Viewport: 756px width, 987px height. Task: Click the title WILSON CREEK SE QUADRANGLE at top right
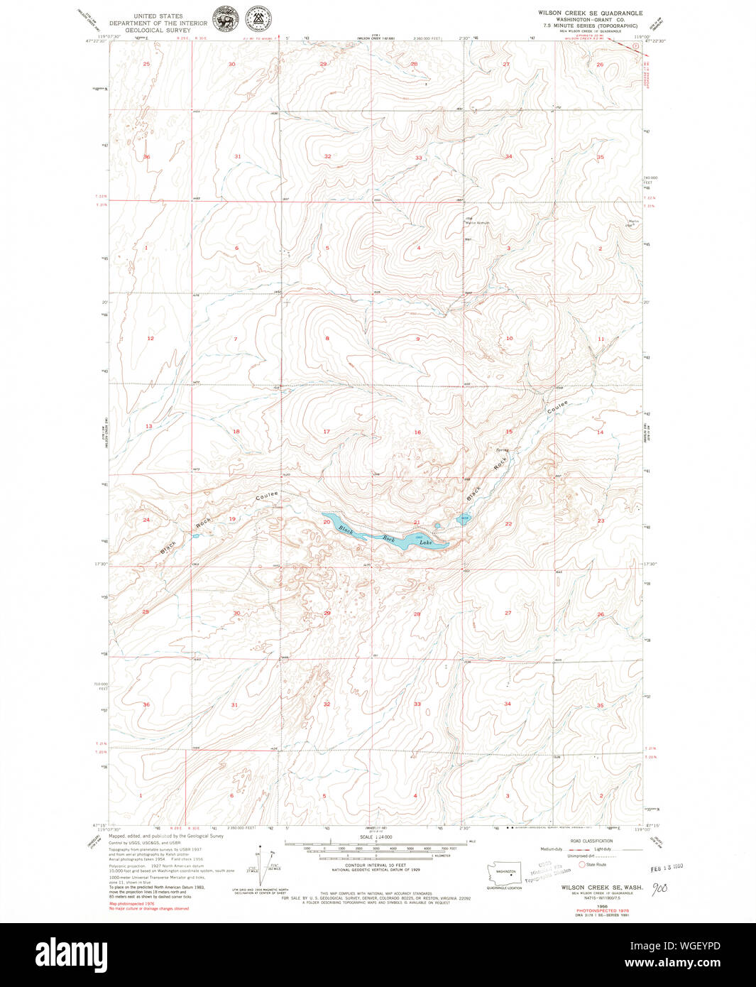(x=590, y=13)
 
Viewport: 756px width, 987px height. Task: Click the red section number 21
(x=417, y=523)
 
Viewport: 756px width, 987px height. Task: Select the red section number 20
(x=327, y=522)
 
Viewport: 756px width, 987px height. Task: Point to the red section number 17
(x=327, y=432)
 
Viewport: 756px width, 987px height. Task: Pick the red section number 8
(x=327, y=339)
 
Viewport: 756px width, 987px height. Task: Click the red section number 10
(x=509, y=339)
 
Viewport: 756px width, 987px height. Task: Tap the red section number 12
(x=150, y=339)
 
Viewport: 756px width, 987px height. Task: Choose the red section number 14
(x=600, y=432)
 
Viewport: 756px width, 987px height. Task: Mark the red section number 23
(x=601, y=521)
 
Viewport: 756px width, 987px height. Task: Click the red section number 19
(x=232, y=519)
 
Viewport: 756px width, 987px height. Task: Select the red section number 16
(x=417, y=432)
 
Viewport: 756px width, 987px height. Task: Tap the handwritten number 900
(x=660, y=888)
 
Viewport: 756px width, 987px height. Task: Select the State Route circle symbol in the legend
(x=582, y=864)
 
